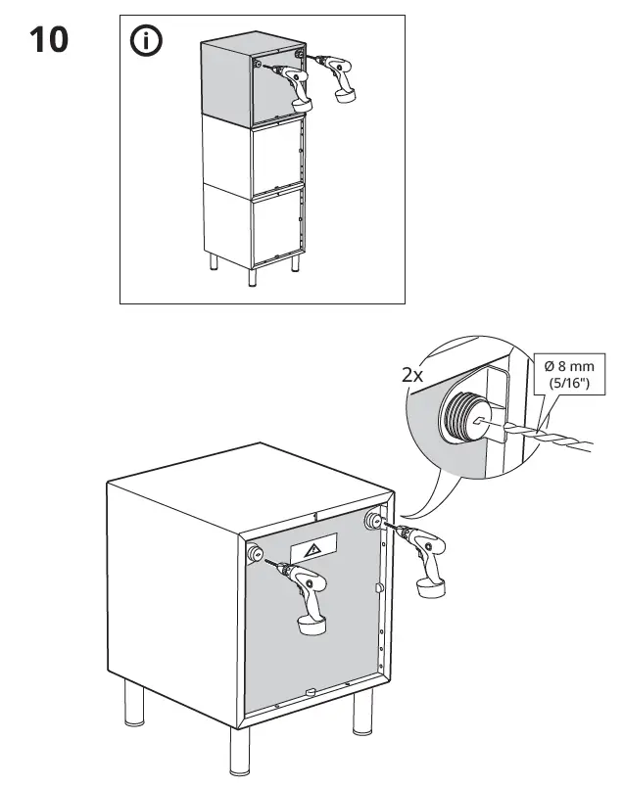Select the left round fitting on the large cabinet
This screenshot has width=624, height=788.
[254, 554]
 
